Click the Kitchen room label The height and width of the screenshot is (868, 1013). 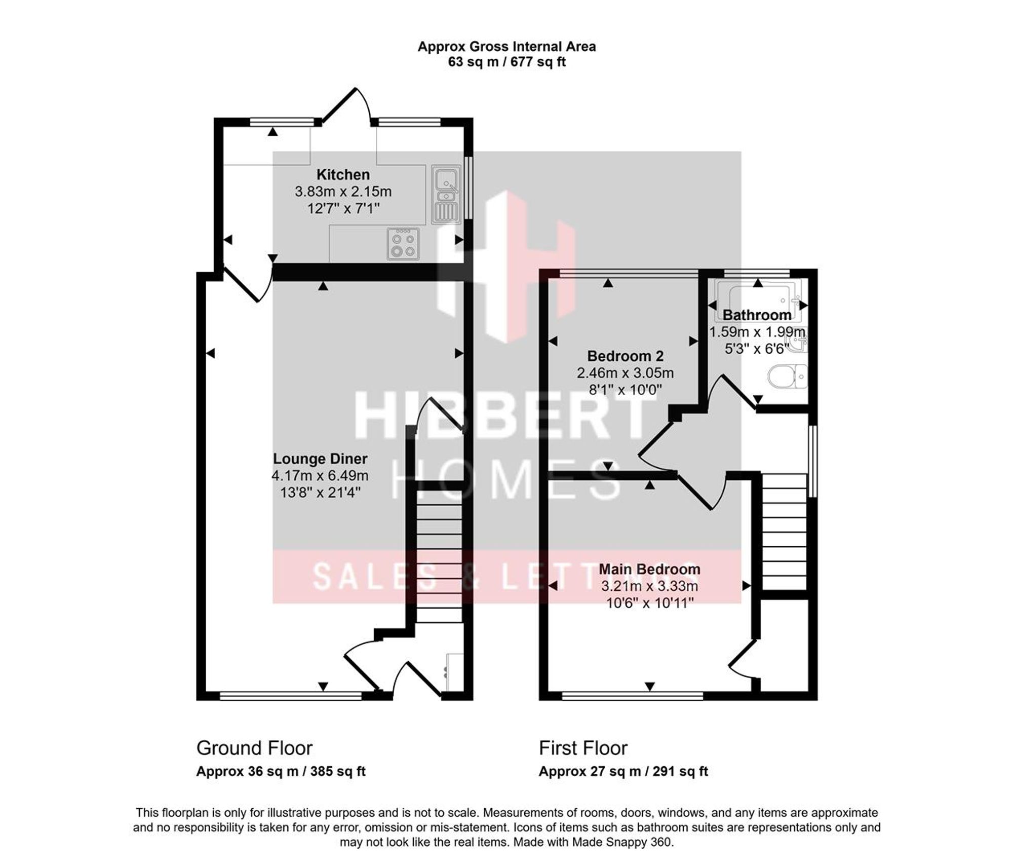343,175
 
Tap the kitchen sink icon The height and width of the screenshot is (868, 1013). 445,195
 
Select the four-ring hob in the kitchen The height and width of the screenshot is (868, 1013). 403,244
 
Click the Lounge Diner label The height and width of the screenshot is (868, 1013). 320,459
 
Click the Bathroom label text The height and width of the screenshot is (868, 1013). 757,315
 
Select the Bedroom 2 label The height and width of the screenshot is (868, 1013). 625,356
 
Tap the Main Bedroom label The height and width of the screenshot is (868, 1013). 649,569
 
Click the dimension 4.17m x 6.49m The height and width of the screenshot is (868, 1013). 320,476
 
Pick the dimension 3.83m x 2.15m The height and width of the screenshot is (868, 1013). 343,192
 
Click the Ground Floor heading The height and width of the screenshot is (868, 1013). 254,748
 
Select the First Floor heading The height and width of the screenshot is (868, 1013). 583,748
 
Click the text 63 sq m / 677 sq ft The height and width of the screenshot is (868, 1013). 506,62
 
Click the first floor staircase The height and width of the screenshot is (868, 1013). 784,532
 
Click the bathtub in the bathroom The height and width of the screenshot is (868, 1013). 758,303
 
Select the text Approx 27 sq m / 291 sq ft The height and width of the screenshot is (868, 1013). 623,771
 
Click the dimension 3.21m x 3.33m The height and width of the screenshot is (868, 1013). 649,586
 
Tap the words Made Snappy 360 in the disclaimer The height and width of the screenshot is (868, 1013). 622,842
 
